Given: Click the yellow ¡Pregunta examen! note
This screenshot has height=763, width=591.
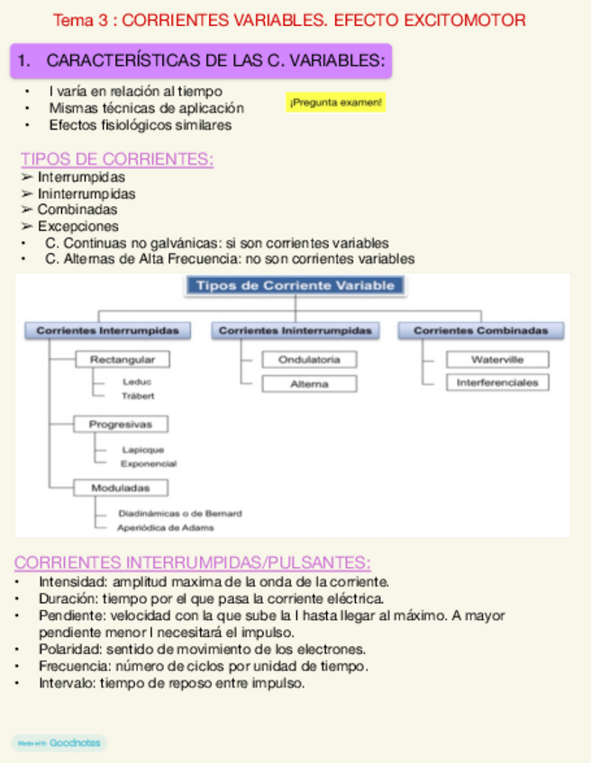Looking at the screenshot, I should click(x=335, y=103).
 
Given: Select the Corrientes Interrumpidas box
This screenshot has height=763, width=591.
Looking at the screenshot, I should click(x=108, y=330).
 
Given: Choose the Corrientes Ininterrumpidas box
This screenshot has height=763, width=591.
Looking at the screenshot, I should click(x=295, y=330).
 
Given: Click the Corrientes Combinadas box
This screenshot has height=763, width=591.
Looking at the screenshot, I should click(x=481, y=330).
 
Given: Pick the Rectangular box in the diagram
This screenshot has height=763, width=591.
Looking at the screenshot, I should click(x=123, y=360).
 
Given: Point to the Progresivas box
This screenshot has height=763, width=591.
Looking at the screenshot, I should click(x=121, y=424).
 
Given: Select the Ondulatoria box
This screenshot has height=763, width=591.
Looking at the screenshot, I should click(x=309, y=360).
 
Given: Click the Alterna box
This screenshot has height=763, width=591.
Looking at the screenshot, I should click(x=309, y=383).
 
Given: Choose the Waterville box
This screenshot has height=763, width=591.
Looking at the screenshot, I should click(x=497, y=360).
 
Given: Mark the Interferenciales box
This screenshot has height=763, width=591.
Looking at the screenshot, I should click(x=497, y=382).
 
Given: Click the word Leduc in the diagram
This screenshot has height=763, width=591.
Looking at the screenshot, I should click(x=136, y=382).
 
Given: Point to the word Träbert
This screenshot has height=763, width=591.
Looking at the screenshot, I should click(x=138, y=396).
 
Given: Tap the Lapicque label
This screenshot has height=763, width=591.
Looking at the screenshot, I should click(x=142, y=450).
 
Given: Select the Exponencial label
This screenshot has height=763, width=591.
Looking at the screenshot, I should click(x=149, y=464).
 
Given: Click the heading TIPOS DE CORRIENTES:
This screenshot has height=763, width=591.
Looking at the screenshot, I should click(x=117, y=160).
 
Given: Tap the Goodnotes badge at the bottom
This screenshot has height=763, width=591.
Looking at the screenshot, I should click(x=59, y=743).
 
